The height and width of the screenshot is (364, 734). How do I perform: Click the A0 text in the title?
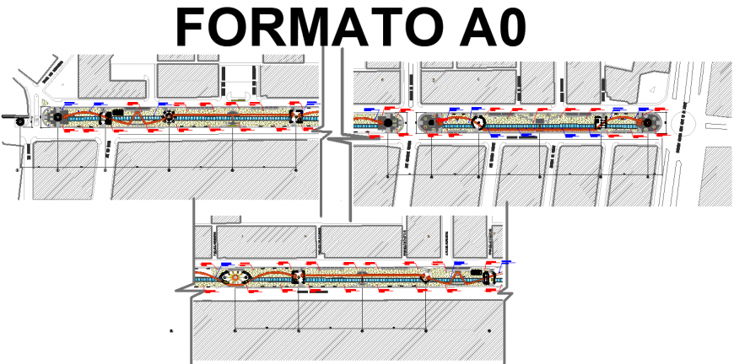click(489, 27)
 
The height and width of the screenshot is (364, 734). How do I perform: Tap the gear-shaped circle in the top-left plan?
click(170, 117)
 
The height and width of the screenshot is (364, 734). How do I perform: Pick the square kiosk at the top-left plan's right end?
click(296, 116)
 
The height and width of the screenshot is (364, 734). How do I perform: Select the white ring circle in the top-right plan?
click(478, 122)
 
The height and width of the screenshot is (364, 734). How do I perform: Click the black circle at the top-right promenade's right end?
click(647, 123)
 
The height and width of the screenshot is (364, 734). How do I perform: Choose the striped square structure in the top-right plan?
click(600, 122)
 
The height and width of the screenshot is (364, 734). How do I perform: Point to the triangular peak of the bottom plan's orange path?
click(456, 270)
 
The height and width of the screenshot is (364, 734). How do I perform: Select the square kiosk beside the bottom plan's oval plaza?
click(296, 276)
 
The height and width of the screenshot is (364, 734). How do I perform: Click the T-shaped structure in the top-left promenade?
click(107, 118)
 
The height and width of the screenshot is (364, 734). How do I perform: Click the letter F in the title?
click(191, 27)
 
